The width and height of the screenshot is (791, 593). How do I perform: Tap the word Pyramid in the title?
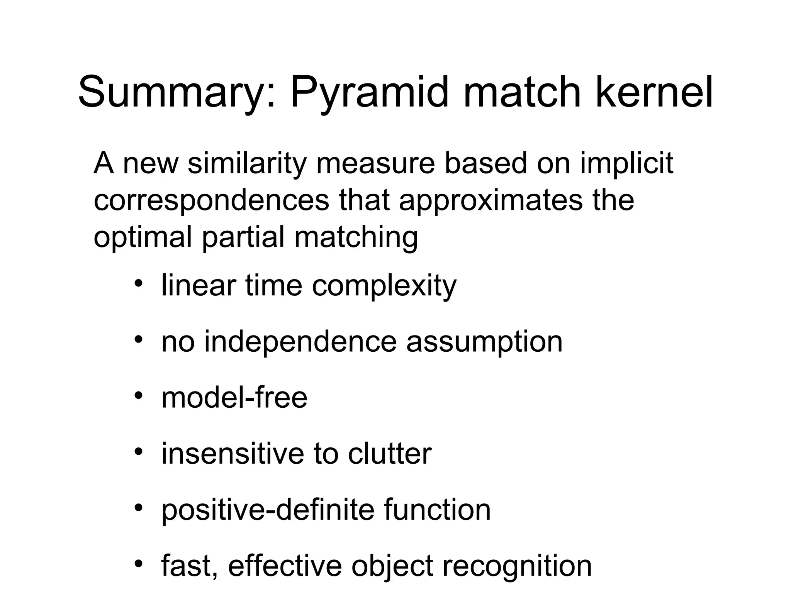point(370,93)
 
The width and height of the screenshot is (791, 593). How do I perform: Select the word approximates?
point(491,200)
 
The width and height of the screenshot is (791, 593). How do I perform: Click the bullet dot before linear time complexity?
point(139,283)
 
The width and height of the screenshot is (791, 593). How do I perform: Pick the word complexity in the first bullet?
point(384,286)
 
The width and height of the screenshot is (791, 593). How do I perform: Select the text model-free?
point(234,398)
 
